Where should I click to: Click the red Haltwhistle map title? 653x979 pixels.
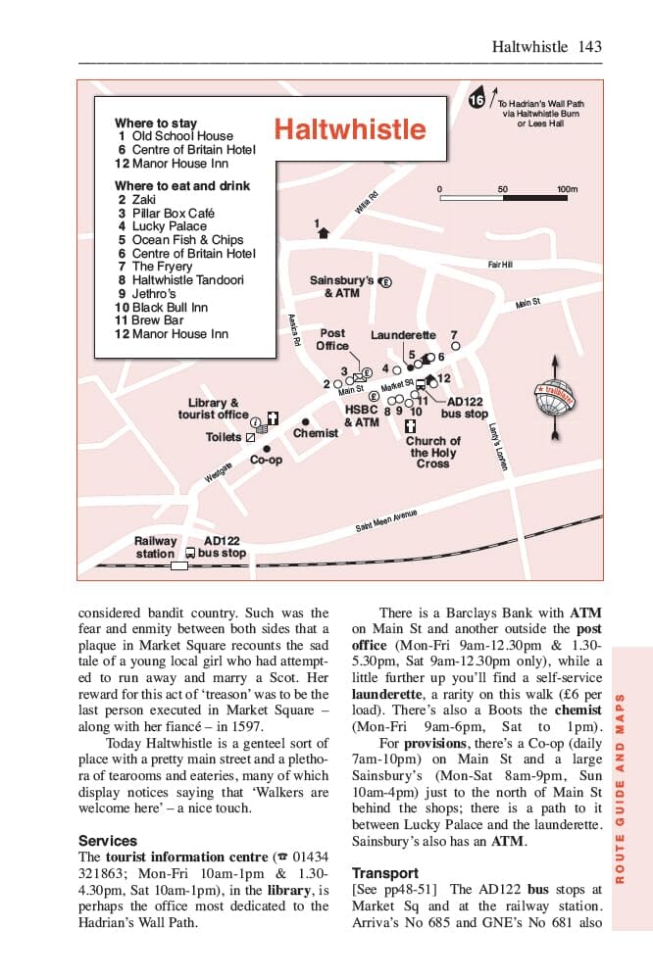(350, 129)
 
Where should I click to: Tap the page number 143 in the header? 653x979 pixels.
(590, 46)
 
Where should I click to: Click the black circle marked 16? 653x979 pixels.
(477, 101)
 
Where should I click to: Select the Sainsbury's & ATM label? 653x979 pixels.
(342, 286)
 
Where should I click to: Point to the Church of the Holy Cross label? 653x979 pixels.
(432, 452)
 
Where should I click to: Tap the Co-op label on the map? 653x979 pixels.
(266, 460)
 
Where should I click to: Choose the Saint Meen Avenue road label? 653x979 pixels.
(386, 520)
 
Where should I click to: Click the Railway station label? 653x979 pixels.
(155, 547)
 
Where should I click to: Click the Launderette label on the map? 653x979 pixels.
(403, 335)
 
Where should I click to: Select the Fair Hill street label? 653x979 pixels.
(500, 265)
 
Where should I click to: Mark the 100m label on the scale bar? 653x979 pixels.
(567, 189)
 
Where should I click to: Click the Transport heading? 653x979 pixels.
(385, 873)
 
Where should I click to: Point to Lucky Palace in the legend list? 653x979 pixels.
(169, 226)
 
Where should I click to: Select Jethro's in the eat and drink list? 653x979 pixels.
(154, 293)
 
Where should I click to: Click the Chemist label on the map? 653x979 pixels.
(316, 433)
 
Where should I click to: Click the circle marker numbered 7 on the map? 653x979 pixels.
(455, 346)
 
